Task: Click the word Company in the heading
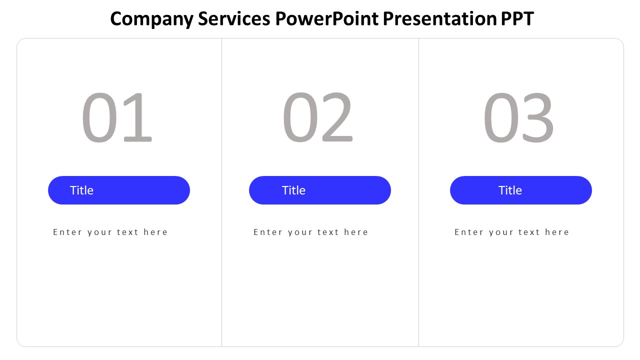coord(151,19)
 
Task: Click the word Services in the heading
coord(234,19)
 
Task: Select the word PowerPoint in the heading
coord(326,19)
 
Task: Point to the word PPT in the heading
coord(517,19)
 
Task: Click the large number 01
coord(116,118)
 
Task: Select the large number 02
coord(317,118)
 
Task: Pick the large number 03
coord(518,118)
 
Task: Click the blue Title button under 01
coord(119,190)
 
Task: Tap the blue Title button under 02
coord(320,190)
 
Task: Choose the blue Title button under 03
coord(521,190)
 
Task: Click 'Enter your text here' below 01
coord(110,232)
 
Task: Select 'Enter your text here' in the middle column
coord(311,232)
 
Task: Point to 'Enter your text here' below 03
coord(512,232)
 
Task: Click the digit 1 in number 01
coord(137,118)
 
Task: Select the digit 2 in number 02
coord(337,118)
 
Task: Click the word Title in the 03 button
coord(510,190)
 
